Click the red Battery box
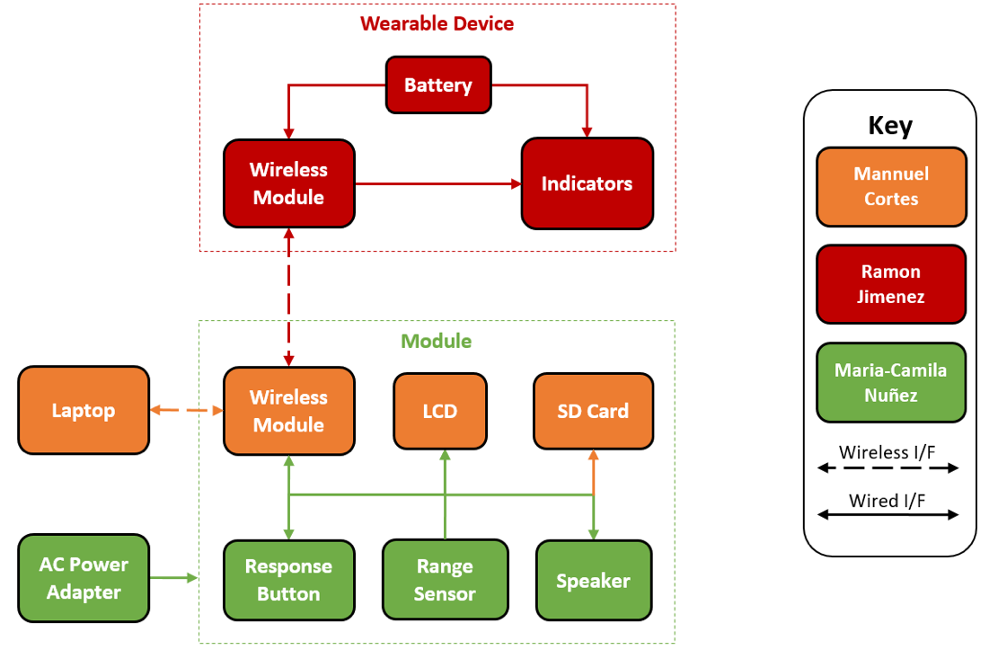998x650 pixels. [438, 85]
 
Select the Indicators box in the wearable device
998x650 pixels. [587, 183]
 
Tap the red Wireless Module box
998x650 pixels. [288, 183]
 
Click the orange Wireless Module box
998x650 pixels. [288, 411]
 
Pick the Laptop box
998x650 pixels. [84, 411]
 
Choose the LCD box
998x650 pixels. [440, 411]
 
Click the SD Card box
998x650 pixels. [593, 411]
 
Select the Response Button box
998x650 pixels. [288, 580]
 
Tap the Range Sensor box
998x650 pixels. [445, 580]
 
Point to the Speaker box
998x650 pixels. [593, 580]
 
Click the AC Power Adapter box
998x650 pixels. [84, 578]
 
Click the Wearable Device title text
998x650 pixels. [437, 23]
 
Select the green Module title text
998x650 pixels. [436, 341]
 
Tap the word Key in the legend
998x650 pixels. [890, 125]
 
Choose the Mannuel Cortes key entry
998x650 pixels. [891, 186]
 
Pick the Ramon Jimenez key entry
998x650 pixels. [891, 283]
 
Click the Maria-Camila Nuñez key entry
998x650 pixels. [891, 382]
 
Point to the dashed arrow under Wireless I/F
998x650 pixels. [888, 468]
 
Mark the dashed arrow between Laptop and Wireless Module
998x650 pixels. [186, 411]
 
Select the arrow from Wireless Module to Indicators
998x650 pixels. [438, 183]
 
